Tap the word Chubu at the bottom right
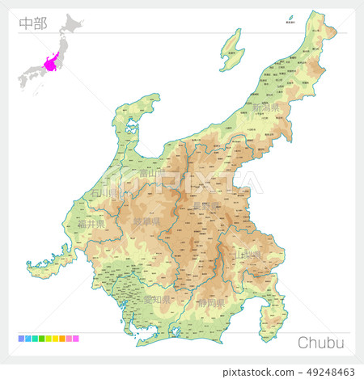click(x=320, y=343)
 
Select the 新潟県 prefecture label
click(x=265, y=107)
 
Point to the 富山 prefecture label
click(x=146, y=172)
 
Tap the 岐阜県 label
click(x=146, y=221)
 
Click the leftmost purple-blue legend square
click(x=19, y=339)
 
